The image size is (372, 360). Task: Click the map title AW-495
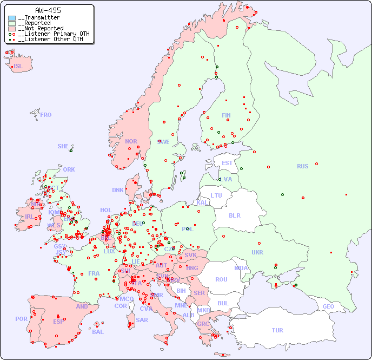[x=48, y=10]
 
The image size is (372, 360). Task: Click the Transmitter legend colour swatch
[x=12, y=18]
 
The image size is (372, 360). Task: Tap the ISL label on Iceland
[x=18, y=67]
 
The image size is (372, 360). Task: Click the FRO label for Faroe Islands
[x=46, y=115]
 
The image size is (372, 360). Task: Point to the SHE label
[x=63, y=146]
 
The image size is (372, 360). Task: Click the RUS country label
[x=302, y=166]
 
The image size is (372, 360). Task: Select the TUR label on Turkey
[x=277, y=330]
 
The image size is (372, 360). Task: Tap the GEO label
[x=328, y=306]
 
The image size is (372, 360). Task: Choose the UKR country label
[x=257, y=252]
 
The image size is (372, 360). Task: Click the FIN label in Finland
[x=226, y=115]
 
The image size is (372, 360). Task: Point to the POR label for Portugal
[x=21, y=319]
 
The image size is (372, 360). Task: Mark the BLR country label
[x=234, y=215]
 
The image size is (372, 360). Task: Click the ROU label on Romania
[x=221, y=279]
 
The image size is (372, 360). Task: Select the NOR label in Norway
[x=131, y=141]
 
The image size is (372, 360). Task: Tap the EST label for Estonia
[x=227, y=163]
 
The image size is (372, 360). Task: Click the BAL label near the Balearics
[x=97, y=332]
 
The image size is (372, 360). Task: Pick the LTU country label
[x=216, y=195]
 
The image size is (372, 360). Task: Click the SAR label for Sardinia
[x=142, y=320]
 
